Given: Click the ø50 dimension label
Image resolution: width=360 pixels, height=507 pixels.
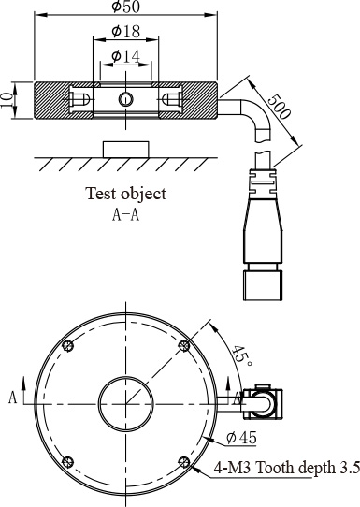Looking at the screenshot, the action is (126, 7).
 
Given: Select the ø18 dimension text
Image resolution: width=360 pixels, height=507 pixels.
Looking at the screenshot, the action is (126, 32).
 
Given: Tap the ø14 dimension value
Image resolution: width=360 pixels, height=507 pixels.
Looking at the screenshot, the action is (126, 56).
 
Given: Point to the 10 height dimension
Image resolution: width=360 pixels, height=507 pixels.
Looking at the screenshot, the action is (7, 100).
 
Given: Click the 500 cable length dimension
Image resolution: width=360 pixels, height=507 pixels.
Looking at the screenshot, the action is (279, 107).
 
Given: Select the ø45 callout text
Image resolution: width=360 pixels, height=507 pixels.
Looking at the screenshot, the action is (241, 438).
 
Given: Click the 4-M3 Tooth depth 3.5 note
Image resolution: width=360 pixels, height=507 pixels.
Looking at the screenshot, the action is (287, 468).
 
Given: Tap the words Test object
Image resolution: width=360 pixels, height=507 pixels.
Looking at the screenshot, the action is (126, 194).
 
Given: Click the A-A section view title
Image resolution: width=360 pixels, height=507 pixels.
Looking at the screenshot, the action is (125, 214).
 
